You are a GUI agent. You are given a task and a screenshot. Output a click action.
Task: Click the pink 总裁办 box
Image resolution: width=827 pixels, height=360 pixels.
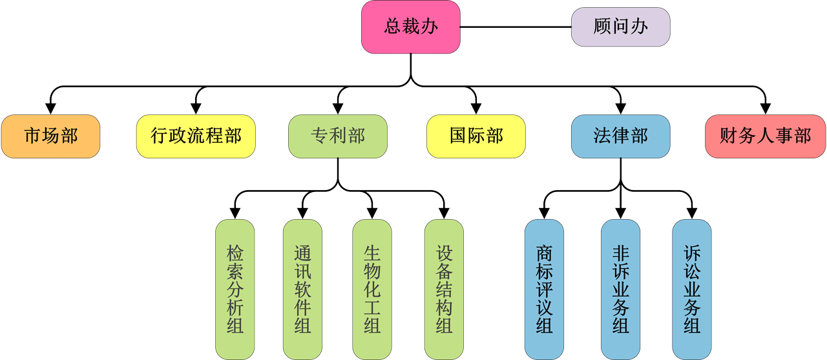[x=410, y=27]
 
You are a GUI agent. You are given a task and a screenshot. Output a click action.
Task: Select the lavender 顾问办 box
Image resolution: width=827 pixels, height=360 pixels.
[x=620, y=27]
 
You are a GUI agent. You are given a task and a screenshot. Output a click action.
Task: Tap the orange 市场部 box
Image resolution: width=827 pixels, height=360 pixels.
[x=50, y=136]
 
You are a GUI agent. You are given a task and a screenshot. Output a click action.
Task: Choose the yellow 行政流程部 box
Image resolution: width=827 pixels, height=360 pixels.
[x=196, y=136]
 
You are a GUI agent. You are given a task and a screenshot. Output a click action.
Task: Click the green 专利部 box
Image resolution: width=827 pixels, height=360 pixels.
[x=338, y=136]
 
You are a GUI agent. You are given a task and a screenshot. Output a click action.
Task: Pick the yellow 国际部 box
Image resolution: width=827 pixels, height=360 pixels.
[x=476, y=136]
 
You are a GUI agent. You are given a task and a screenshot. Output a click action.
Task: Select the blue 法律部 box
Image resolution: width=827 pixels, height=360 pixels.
[x=620, y=136]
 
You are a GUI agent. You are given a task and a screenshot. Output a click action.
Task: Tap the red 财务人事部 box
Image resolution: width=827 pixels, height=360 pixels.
[x=765, y=136]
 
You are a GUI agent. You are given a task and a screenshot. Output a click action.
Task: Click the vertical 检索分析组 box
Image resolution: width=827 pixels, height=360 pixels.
[x=235, y=289]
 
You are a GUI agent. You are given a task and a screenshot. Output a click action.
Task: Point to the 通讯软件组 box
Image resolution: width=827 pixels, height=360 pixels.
[x=302, y=289]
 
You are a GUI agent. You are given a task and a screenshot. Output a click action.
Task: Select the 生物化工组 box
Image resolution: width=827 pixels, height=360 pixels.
[x=372, y=289]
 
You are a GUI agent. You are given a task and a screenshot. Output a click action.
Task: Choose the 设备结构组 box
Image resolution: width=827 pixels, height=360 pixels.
[x=444, y=289]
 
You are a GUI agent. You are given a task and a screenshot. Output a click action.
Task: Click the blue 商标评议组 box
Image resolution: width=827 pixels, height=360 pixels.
[x=544, y=289]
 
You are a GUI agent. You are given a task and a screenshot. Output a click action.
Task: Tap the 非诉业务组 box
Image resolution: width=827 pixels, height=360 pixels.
[x=620, y=289]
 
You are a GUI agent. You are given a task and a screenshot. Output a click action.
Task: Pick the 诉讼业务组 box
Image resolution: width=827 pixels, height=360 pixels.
[x=692, y=289]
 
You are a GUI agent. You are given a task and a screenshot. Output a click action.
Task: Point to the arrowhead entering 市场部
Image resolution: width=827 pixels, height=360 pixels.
[x=50, y=109]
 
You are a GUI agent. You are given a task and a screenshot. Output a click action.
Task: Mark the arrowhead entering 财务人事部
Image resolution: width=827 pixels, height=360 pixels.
[x=765, y=109]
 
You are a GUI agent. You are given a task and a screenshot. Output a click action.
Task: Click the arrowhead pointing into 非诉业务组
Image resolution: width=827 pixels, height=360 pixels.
[x=620, y=213]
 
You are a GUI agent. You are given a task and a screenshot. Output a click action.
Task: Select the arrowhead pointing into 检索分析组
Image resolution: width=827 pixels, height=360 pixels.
[x=235, y=213]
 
